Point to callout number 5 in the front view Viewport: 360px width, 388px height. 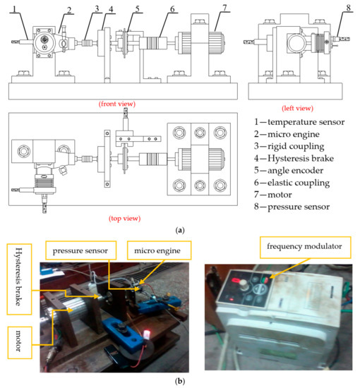(138, 8)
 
